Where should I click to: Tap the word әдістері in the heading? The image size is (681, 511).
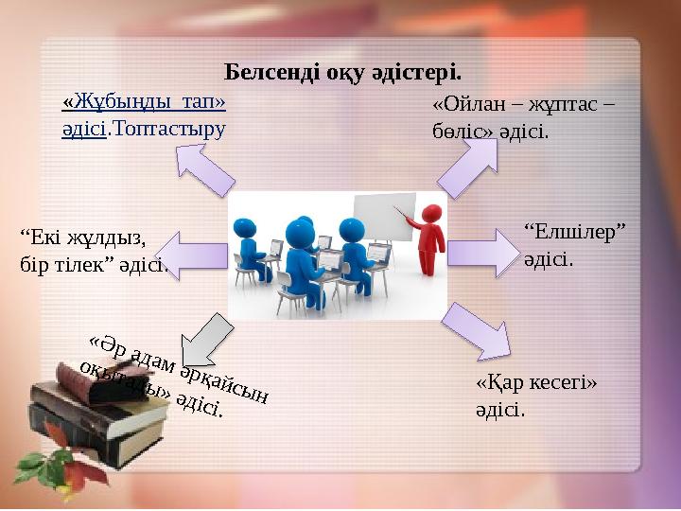(x=418, y=72)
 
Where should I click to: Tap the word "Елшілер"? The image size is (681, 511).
(x=574, y=230)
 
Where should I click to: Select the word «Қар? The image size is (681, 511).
(x=498, y=384)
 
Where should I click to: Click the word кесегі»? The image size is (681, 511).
(x=561, y=384)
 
